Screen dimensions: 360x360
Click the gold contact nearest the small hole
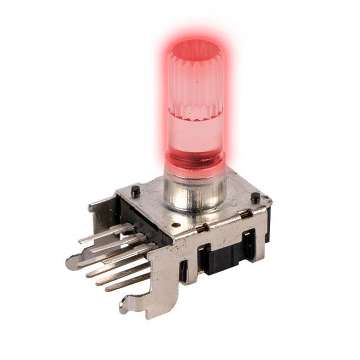pos(201,228)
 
